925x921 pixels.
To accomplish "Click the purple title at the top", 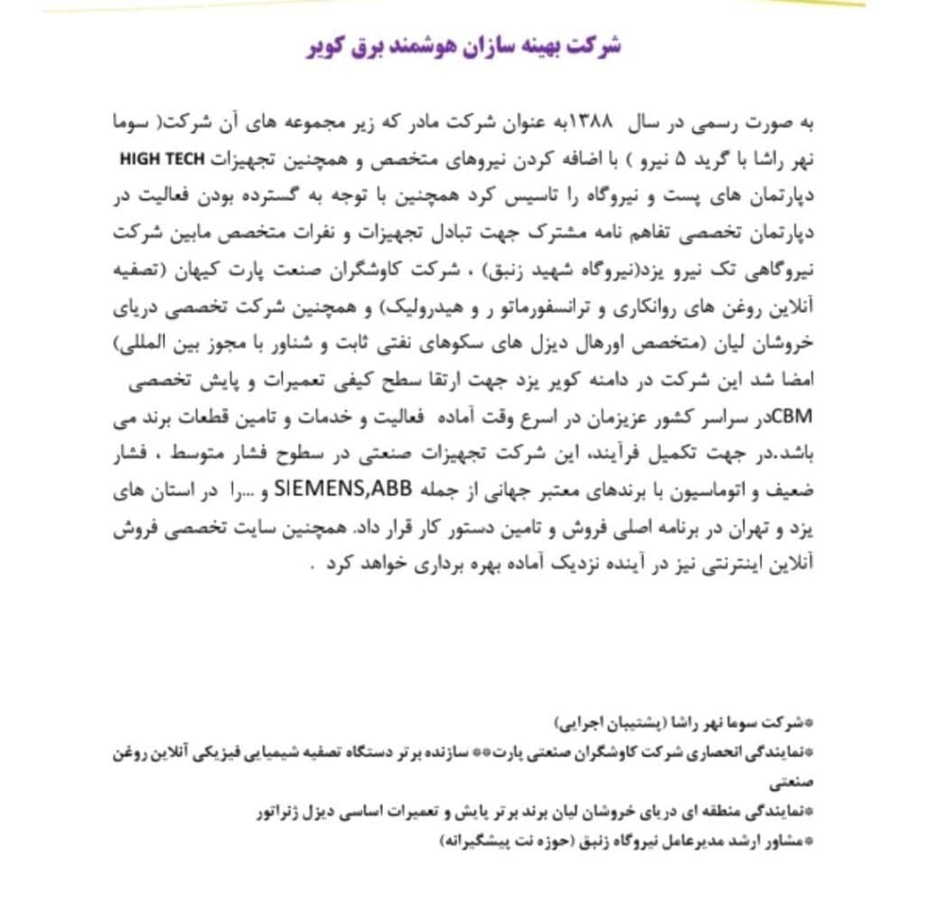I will click(463, 47).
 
